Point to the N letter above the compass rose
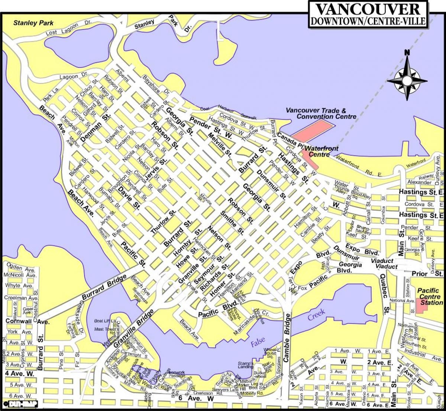point(407,52)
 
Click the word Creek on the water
point(316,315)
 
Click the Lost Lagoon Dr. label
point(68,32)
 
